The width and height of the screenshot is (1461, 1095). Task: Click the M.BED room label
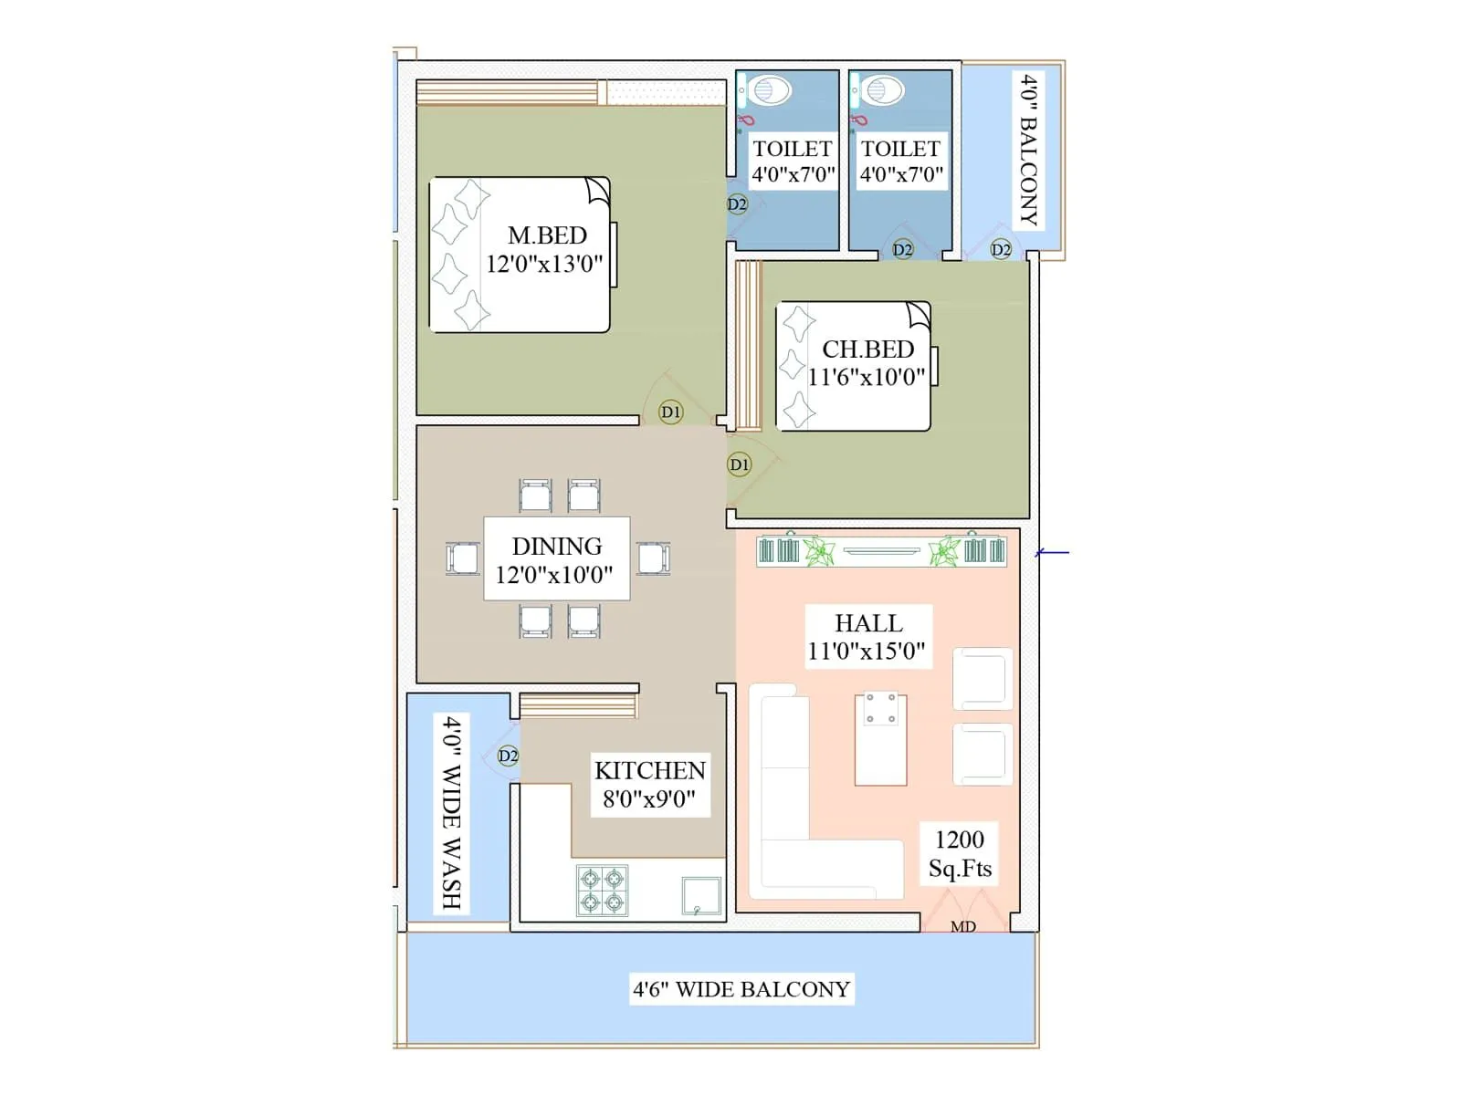click(x=546, y=249)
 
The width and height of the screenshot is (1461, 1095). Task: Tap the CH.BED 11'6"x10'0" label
click(x=867, y=363)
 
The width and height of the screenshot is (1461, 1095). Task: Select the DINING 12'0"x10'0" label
click(x=556, y=559)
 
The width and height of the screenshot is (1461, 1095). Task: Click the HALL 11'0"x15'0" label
click(x=867, y=637)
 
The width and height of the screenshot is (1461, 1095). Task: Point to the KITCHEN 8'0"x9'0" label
click(x=649, y=785)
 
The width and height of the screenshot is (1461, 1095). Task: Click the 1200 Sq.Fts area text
click(x=960, y=853)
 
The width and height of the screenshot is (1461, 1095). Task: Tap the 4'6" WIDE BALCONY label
click(x=741, y=989)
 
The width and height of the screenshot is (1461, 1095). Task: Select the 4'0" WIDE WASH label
click(x=452, y=812)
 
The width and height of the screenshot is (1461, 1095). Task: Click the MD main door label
click(x=963, y=926)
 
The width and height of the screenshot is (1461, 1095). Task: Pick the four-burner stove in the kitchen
click(x=603, y=891)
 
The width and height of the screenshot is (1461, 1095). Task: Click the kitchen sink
click(x=701, y=896)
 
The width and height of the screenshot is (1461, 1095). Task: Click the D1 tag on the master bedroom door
click(x=671, y=412)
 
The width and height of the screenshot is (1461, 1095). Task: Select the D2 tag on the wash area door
click(x=509, y=756)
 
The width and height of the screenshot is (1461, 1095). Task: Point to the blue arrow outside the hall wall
click(x=1053, y=552)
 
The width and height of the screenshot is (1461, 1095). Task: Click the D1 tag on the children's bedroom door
click(x=739, y=464)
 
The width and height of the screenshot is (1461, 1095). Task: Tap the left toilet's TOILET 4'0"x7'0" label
click(x=793, y=162)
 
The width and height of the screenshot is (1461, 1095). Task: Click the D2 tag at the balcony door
click(x=1001, y=249)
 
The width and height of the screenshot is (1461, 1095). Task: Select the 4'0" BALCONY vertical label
click(x=1029, y=151)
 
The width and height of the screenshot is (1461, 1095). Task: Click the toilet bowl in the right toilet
click(x=881, y=90)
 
